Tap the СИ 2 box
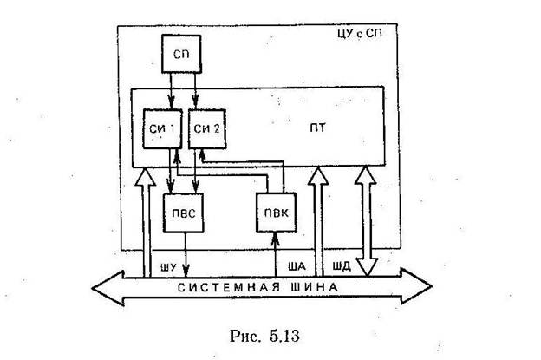205,129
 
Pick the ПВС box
182,212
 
